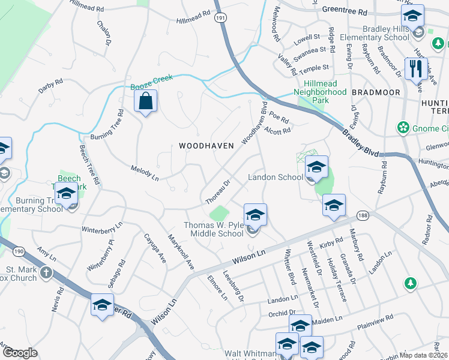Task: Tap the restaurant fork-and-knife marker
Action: point(415,69)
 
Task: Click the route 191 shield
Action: point(221,19)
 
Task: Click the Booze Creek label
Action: point(152,82)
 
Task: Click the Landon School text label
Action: point(276,178)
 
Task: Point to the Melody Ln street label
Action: point(145,173)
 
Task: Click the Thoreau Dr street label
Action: point(217,191)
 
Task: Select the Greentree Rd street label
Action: point(344,11)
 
